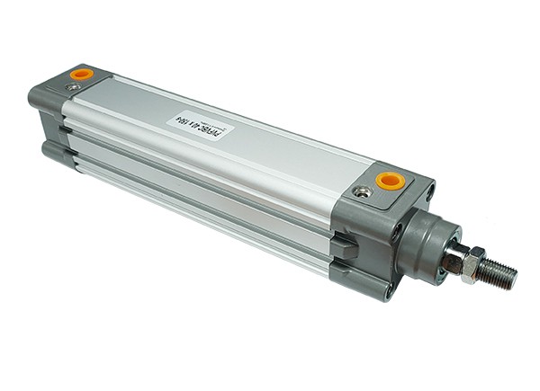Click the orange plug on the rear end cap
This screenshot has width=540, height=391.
pyautogui.click(x=81, y=73)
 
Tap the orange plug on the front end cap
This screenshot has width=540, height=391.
pyautogui.click(x=389, y=180)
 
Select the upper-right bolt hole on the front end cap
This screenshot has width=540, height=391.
pyautogui.click(x=430, y=191)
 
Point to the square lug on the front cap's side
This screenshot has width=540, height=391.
pyautogui.click(x=342, y=246)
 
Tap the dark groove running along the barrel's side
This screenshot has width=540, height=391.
pyautogui.click(x=198, y=181)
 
